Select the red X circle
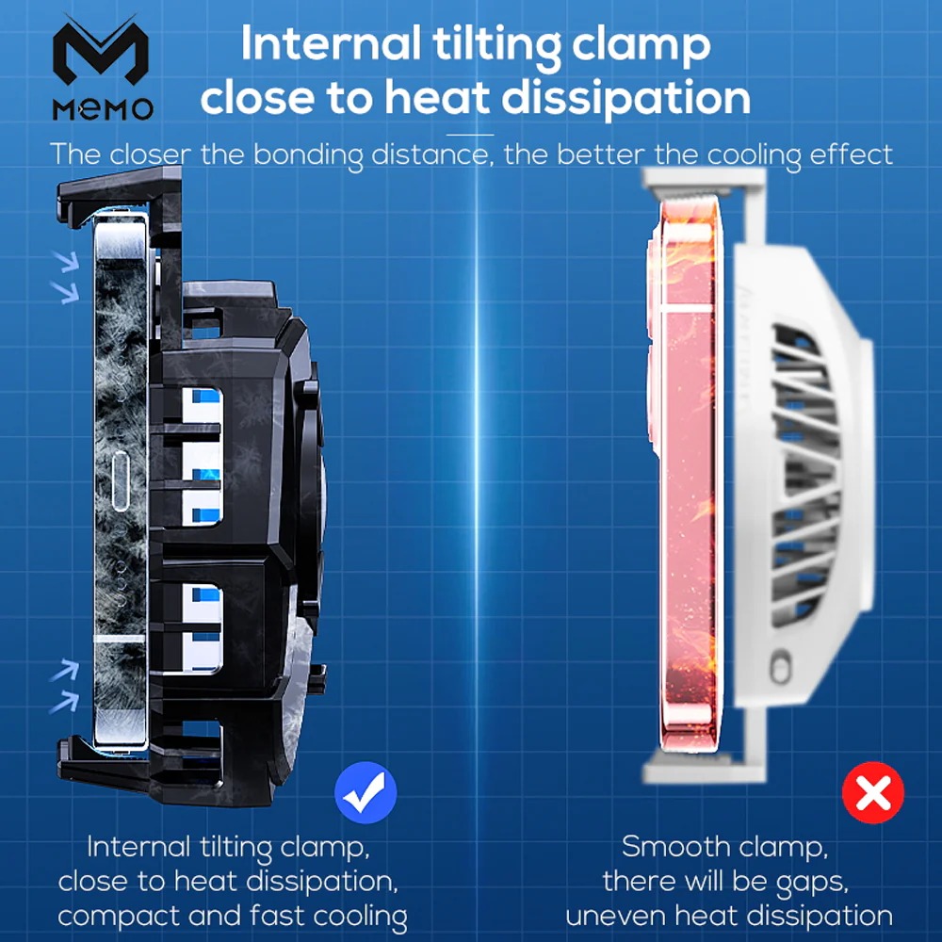(x=873, y=794)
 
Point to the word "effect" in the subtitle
(x=852, y=154)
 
